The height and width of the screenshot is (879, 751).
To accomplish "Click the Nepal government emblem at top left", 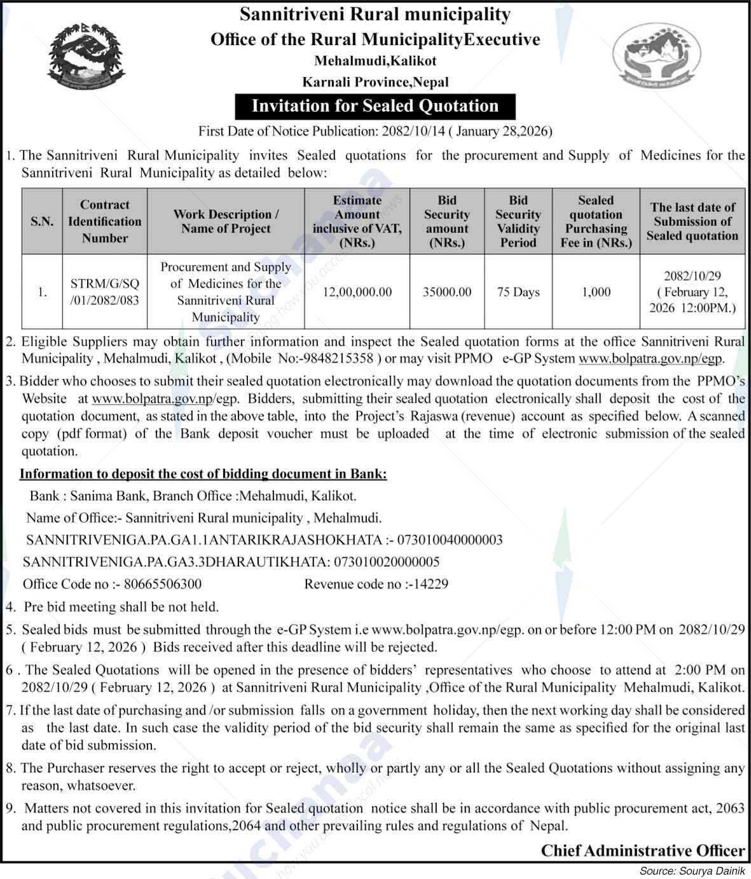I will point(85,59).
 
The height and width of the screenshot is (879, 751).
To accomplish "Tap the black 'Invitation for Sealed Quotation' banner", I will point(375,106).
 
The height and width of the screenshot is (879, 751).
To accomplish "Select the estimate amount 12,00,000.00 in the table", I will point(357,292).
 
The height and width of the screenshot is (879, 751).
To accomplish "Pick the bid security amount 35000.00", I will point(447,292).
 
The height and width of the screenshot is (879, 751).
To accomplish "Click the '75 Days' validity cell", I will point(518,292).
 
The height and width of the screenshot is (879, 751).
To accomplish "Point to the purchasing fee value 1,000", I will point(596,292).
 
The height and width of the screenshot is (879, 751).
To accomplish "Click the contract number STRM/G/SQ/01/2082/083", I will point(105,292).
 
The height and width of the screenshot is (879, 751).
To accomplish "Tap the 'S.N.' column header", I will point(42,221).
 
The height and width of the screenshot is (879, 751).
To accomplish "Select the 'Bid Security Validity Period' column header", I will point(518,221).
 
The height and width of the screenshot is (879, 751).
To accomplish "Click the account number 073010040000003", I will point(450,540).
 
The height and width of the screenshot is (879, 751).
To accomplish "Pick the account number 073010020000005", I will point(387,562).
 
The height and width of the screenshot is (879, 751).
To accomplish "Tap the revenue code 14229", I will point(431,584).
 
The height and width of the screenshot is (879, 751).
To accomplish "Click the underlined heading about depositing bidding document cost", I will point(203,474).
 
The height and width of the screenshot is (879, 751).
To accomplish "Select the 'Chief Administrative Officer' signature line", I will point(642,850).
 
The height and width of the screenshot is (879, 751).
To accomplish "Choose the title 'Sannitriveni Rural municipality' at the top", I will point(375,15).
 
